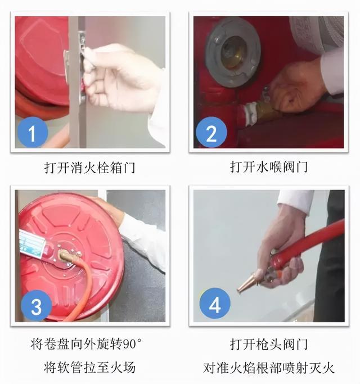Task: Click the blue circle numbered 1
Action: (x=30, y=133)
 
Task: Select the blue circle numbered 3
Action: (x=35, y=307)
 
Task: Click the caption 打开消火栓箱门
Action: (x=90, y=167)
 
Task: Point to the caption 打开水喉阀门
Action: (x=268, y=167)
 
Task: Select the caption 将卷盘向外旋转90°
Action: (x=90, y=343)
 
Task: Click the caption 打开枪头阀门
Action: (x=268, y=343)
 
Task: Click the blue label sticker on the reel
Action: (x=32, y=244)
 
